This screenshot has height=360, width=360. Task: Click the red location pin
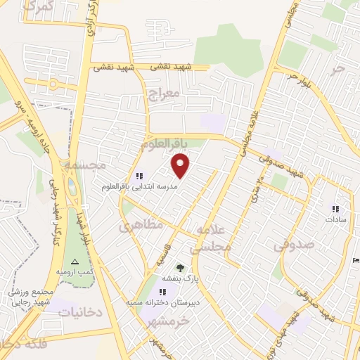pyautogui.click(x=181, y=166)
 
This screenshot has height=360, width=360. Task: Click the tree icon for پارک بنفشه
pyautogui.click(x=181, y=267)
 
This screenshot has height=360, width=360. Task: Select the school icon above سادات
pyautogui.click(x=335, y=209)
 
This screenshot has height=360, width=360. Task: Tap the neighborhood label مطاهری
pyautogui.click(x=140, y=225)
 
